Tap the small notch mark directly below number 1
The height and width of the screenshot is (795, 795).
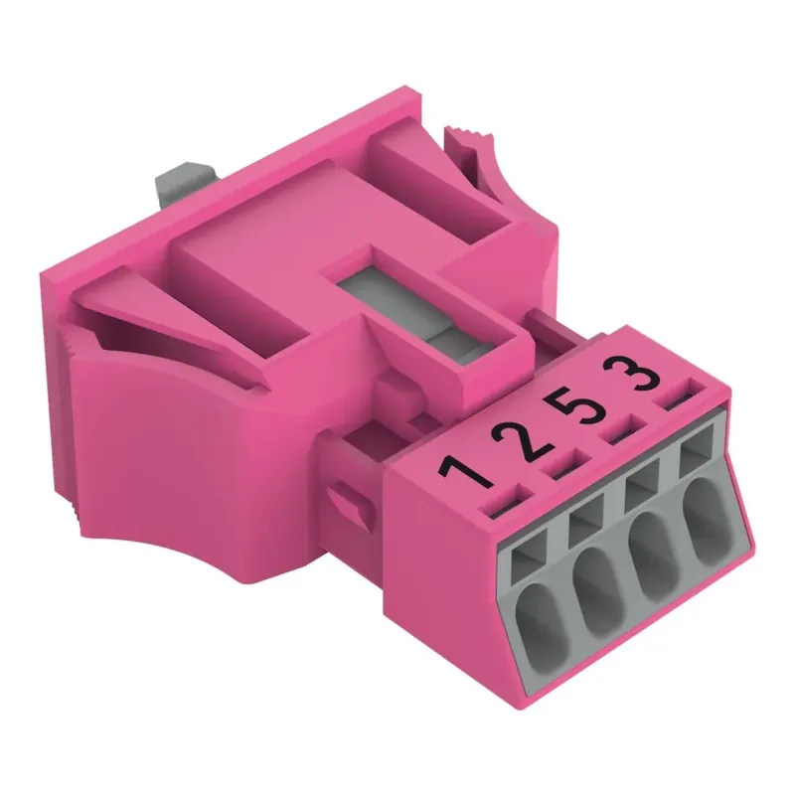click(x=495, y=507)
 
